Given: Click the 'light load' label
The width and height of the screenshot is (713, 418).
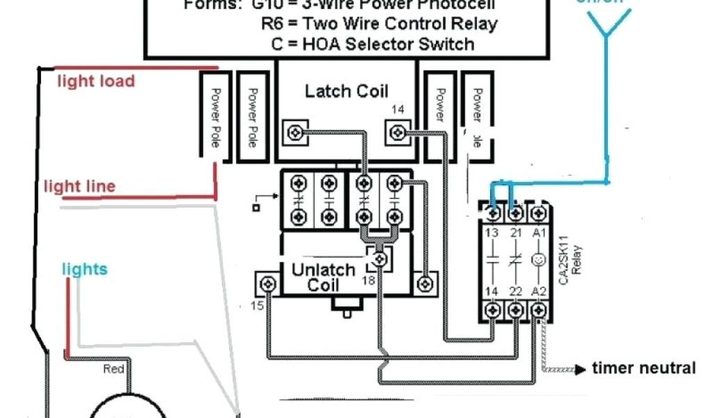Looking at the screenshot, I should (x=95, y=82).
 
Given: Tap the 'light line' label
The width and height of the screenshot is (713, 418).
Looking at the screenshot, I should (x=79, y=187).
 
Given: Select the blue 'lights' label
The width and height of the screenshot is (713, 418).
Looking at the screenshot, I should (x=84, y=269).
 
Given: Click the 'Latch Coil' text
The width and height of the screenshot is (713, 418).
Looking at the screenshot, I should (x=347, y=91).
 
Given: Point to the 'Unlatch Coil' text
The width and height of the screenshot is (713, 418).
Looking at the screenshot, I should (x=323, y=277).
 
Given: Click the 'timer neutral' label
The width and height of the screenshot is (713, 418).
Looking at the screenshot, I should (x=643, y=368).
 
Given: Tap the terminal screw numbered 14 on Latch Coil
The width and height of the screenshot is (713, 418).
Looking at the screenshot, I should (x=398, y=130).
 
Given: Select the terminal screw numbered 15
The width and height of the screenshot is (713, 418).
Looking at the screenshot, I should (x=267, y=284).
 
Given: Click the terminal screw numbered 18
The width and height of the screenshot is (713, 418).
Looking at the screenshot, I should (x=380, y=260).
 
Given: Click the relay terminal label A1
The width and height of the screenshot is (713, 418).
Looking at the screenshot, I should (x=538, y=232).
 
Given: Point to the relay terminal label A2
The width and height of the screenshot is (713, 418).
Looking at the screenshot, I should (x=538, y=291).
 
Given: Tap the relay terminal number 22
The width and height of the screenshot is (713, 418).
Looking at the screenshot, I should (x=515, y=291).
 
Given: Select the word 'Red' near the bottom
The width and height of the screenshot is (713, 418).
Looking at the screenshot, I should (x=113, y=369).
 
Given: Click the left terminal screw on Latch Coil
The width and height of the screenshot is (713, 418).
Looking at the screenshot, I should (x=296, y=130).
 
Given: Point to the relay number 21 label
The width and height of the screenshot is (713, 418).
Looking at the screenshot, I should (x=515, y=232).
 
